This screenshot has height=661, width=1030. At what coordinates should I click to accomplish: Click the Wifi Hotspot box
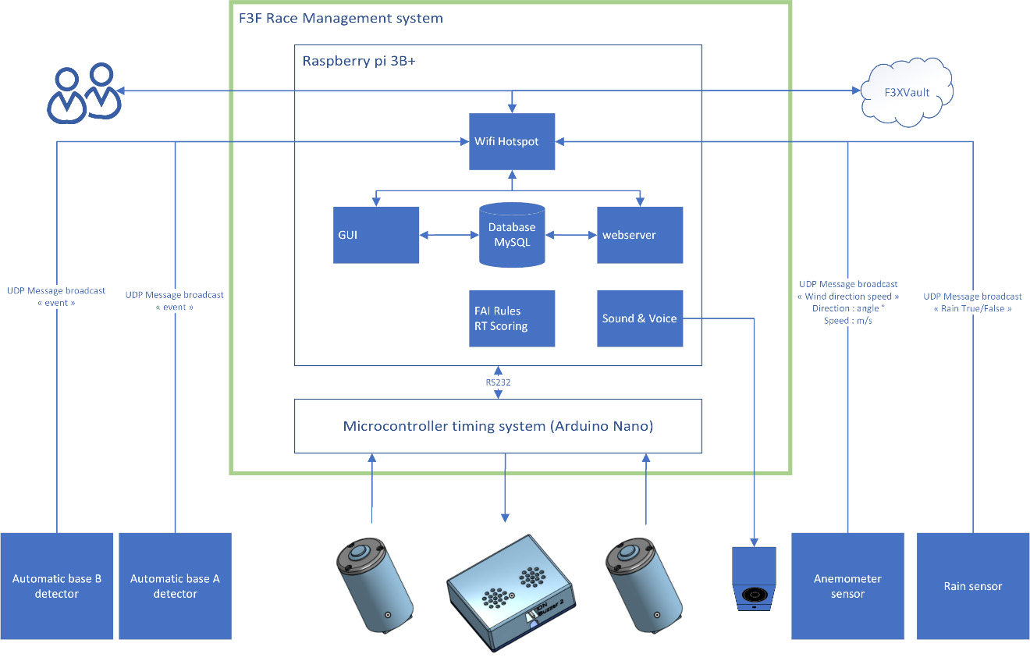(511, 142)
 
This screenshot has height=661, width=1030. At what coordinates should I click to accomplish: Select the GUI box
(375, 235)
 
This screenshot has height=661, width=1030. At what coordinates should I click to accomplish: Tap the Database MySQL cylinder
(512, 235)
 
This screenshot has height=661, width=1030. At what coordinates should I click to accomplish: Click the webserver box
(640, 235)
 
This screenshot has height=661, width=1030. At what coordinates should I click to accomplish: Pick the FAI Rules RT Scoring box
(511, 318)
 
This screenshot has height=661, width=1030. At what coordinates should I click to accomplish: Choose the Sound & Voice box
(640, 318)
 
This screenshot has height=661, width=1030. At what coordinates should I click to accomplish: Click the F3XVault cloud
(907, 93)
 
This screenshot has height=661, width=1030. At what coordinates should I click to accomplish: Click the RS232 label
(498, 382)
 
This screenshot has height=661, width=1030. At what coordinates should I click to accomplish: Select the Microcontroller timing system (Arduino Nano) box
(498, 426)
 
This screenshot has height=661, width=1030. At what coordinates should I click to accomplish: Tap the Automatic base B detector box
(57, 586)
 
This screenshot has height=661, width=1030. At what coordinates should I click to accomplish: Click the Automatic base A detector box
(175, 586)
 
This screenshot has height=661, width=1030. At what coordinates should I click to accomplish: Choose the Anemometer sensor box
(847, 586)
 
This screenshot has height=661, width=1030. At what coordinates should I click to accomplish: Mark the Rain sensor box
(973, 586)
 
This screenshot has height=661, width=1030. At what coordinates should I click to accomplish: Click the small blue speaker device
(754, 578)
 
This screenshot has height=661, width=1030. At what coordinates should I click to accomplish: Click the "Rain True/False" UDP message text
(972, 308)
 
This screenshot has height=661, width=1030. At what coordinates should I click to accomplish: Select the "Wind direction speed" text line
(848, 297)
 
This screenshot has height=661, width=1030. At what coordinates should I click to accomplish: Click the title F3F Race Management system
(341, 18)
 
